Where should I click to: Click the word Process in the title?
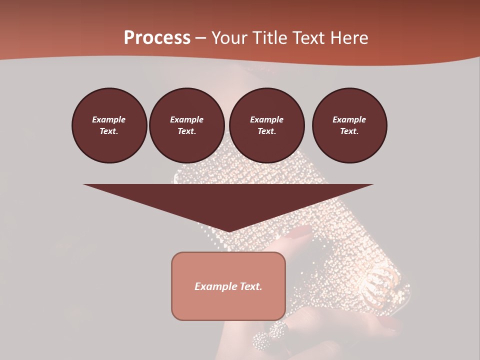pos(157,38)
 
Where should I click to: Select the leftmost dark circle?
pos(109,125)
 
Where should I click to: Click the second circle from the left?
pos(187,125)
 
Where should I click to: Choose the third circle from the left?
pos(267,125)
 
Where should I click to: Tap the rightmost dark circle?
pos(349,125)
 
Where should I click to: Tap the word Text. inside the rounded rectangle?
pos(250,286)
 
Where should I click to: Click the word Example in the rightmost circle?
pos(349,119)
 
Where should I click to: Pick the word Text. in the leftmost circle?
pos(109,131)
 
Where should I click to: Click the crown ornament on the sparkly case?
pos(381,277)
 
